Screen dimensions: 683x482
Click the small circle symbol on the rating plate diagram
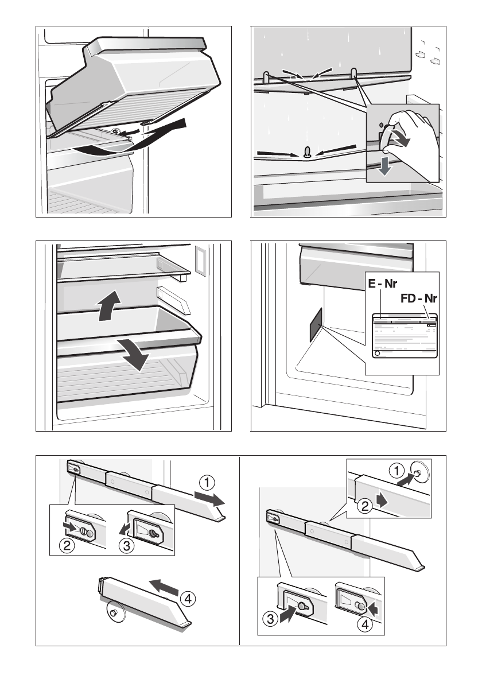(x=377, y=354)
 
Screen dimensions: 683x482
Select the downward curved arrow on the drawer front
(x=133, y=353)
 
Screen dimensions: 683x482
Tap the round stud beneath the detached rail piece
(x=112, y=614)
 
